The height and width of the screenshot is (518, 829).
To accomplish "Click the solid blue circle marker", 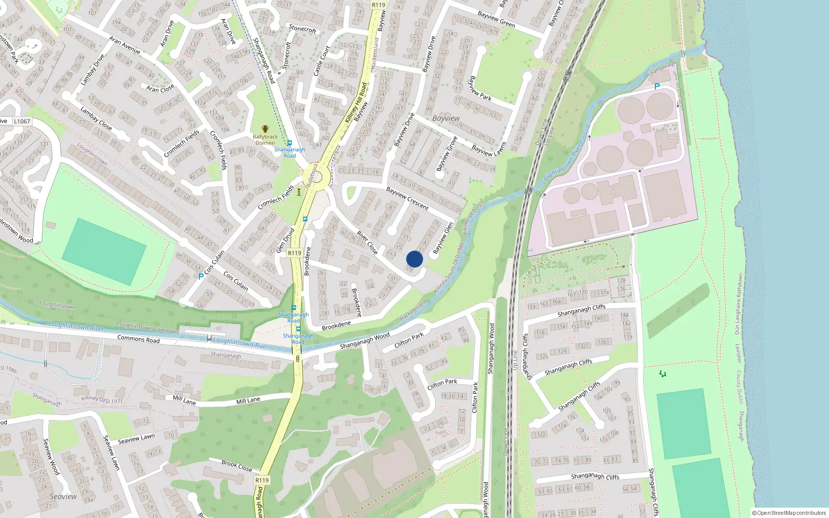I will pyautogui.click(x=414, y=259).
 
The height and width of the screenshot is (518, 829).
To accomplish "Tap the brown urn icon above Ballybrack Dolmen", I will pyautogui.click(x=265, y=129).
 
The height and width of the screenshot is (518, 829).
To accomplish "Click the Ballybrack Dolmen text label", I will pyautogui.click(x=265, y=140).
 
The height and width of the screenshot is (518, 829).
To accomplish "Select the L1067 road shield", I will pyautogui.click(x=22, y=121).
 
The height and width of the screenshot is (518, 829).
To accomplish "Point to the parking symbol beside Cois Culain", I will pyautogui.click(x=201, y=277).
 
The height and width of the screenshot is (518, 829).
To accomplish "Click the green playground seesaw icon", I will pyautogui.click(x=662, y=373).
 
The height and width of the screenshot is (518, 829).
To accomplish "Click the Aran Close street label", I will pyautogui.click(x=160, y=89).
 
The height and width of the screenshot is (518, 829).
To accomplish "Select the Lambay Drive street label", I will pyautogui.click(x=92, y=69).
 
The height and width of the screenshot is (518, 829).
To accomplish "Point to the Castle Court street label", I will pyautogui.click(x=322, y=61).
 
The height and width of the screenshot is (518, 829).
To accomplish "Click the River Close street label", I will pyautogui.click(x=367, y=242).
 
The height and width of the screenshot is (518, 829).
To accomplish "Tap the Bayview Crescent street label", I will pyautogui.click(x=407, y=198).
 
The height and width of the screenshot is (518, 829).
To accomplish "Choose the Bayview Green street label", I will pyautogui.click(x=496, y=19).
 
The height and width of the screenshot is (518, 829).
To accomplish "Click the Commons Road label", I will pyautogui.click(x=138, y=340).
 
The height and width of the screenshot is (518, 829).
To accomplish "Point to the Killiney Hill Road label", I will pyautogui.click(x=356, y=103).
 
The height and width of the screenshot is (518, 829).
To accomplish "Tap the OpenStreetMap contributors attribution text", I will pyautogui.click(x=789, y=513).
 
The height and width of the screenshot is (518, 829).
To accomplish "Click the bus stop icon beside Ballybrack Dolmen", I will pyautogui.click(x=289, y=143).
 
